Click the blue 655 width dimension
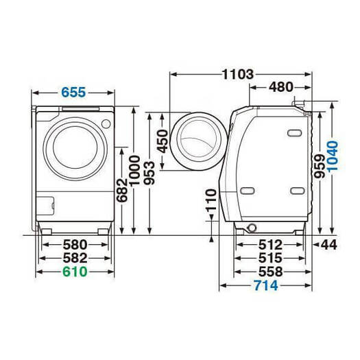point(73,93)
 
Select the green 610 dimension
point(75,272)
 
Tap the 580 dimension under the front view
point(75,245)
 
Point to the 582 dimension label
point(75,258)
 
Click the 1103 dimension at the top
point(238,74)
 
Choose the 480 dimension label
point(281,87)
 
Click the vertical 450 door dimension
point(163,141)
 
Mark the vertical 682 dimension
point(122,190)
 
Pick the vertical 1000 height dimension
point(134,171)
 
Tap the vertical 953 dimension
point(149,173)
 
